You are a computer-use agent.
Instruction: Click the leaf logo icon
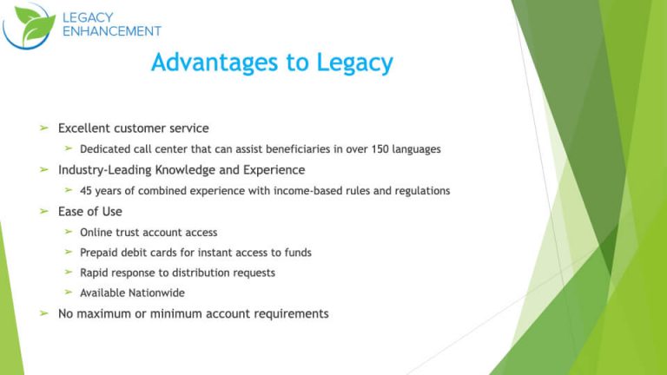[x=29, y=25]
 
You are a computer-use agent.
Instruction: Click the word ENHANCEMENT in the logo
[x=112, y=31]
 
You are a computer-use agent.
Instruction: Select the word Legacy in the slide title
[x=351, y=63]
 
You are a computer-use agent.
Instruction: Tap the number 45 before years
[x=86, y=191]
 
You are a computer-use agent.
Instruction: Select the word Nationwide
[x=156, y=293]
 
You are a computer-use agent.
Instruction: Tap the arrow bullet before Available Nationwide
[x=69, y=293]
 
